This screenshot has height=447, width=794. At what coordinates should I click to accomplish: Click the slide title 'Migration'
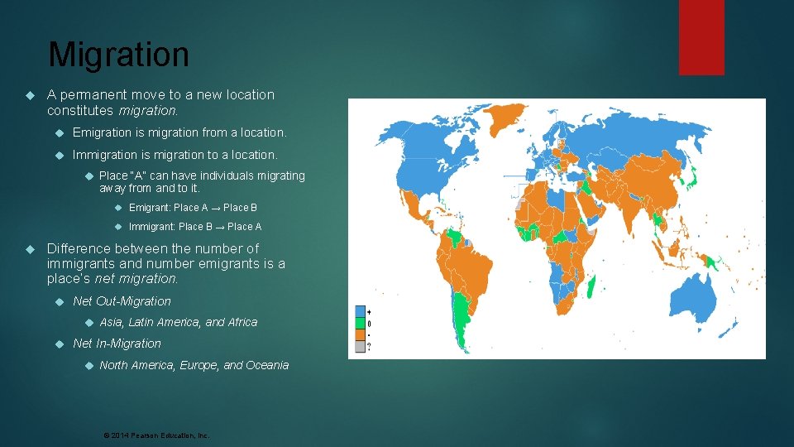pyautogui.click(x=118, y=55)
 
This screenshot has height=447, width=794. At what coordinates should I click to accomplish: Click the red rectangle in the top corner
pyautogui.click(x=701, y=37)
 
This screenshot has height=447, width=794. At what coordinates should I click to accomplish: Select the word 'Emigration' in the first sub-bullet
pyautogui.click(x=102, y=132)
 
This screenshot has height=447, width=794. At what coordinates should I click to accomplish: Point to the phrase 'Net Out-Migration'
pyautogui.click(x=122, y=301)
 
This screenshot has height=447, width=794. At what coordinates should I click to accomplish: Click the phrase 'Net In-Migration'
pyautogui.click(x=117, y=344)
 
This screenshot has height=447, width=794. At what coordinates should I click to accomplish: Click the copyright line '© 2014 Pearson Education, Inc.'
pyautogui.click(x=155, y=435)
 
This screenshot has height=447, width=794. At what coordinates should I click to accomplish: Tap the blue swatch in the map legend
pyautogui.click(x=360, y=312)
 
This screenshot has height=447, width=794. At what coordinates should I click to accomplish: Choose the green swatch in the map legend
pyautogui.click(x=360, y=323)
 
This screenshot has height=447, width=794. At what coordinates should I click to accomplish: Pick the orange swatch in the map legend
pyautogui.click(x=360, y=334)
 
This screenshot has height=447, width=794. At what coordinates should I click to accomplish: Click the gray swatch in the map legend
pyautogui.click(x=360, y=346)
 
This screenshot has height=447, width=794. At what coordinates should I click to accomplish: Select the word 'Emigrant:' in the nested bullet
pyautogui.click(x=150, y=208)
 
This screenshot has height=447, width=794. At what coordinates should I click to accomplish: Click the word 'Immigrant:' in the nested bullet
pyautogui.click(x=151, y=227)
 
